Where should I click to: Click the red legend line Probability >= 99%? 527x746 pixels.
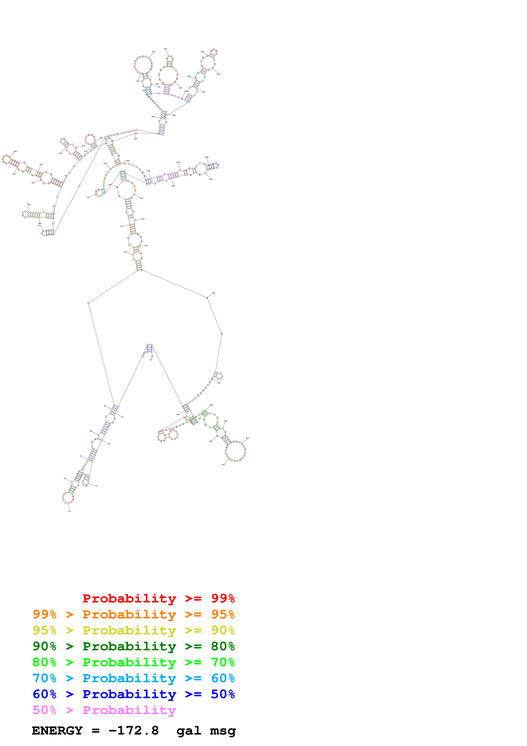pyautogui.click(x=158, y=598)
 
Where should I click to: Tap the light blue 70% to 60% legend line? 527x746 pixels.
pyautogui.click(x=134, y=678)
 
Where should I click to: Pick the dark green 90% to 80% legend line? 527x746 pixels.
pyautogui.click(x=134, y=646)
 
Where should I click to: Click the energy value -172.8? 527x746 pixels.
pyautogui.click(x=134, y=730)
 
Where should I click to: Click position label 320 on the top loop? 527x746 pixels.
pyautogui.click(x=153, y=52)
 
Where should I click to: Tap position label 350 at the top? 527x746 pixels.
pyautogui.click(x=165, y=49)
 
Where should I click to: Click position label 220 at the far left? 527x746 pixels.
pyautogui.click(x=15, y=151)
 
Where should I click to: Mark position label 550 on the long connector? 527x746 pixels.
pyautogui.click(x=213, y=293)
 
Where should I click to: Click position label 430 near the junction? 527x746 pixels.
pyautogui.click(x=135, y=139)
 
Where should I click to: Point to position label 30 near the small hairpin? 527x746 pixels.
pyautogui.click(x=96, y=486)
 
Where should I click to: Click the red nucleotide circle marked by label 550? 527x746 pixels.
pyautogui.click(x=207, y=298)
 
